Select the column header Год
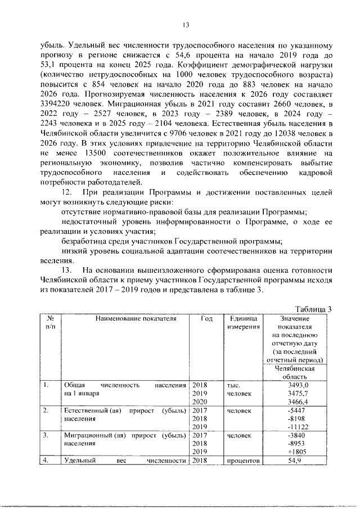[x=206, y=319]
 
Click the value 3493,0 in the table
[x=299, y=385]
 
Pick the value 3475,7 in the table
[x=299, y=394]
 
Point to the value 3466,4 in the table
[x=299, y=402]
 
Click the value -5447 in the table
[x=299, y=411]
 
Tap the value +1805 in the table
[x=299, y=452]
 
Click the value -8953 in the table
[x=299, y=443]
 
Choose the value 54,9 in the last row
[x=299, y=461]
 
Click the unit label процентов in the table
[x=243, y=461]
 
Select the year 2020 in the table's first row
[x=200, y=402]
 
